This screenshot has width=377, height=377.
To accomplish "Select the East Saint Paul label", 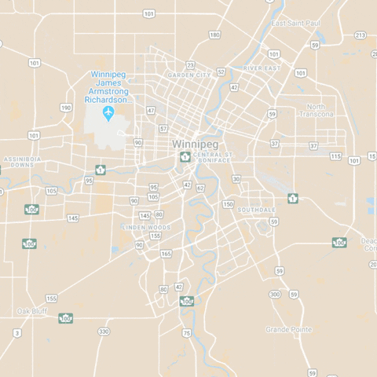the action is (295, 24).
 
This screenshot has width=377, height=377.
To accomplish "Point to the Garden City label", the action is (189, 75).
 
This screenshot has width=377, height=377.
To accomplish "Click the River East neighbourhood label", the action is (261, 68).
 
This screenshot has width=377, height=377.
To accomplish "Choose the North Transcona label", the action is (316, 110).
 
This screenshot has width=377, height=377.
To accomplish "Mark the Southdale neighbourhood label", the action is (257, 210).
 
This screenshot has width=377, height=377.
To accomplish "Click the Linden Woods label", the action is (145, 227).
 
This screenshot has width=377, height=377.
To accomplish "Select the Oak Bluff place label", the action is (32, 311).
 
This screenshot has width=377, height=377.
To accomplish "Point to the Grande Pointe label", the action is (289, 329).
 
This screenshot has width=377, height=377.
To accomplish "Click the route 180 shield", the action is (214, 35).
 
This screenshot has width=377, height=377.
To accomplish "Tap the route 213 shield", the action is (360, 35).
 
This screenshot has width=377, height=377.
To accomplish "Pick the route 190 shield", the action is (66, 108).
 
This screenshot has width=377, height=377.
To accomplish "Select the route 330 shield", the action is (104, 332).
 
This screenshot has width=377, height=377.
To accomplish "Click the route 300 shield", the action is (274, 295).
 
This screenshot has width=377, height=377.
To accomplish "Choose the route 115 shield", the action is (335, 156).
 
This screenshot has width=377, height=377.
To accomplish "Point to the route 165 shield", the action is (166, 254).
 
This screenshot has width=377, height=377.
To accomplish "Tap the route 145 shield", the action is (145, 215).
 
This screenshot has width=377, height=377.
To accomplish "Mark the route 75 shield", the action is (186, 333).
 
